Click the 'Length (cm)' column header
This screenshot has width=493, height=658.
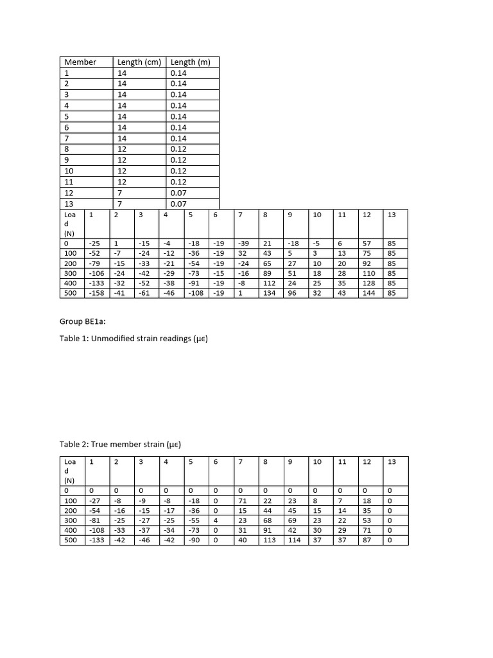[139, 62]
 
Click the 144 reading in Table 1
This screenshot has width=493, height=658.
[368, 293]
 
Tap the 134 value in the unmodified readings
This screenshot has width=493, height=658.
[270, 293]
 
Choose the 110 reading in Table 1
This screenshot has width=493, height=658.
[368, 274]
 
